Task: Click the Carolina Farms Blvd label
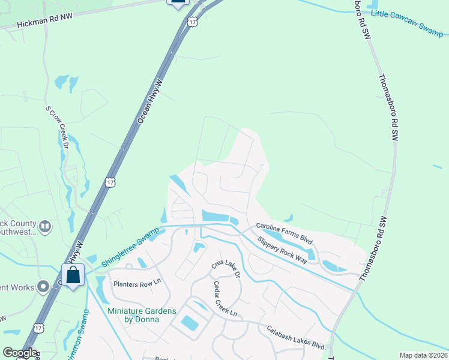285,232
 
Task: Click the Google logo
19,353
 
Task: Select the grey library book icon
46,226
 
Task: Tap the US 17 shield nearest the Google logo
38,328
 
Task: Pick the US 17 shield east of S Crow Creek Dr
109,181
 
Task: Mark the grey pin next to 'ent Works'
43,287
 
